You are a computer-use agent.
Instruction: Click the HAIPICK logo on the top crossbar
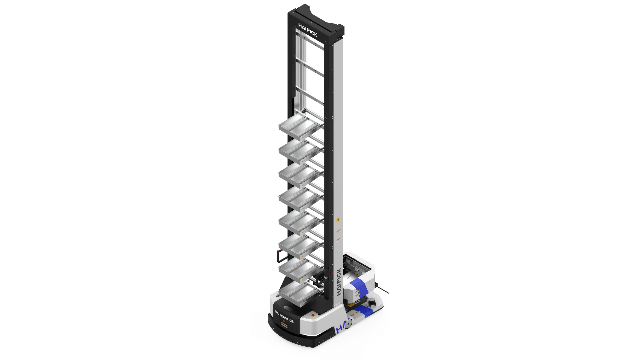(308, 30)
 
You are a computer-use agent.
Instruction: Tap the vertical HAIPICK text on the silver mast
(339, 282)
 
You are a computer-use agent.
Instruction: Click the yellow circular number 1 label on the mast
(338, 220)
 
